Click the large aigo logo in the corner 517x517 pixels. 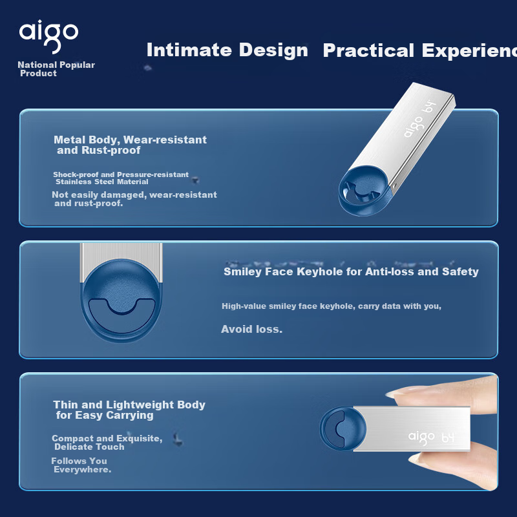pyautogui.click(x=49, y=36)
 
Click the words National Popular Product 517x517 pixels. pyautogui.click(x=56, y=69)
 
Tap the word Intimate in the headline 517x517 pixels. pyautogui.click(x=189, y=50)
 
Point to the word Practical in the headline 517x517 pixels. pyautogui.click(x=368, y=50)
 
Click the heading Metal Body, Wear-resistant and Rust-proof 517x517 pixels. pyautogui.click(x=131, y=145)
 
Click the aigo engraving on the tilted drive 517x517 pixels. pyautogui.click(x=413, y=127)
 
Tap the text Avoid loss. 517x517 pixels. pyautogui.click(x=251, y=329)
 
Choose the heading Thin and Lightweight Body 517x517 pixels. pyautogui.click(x=129, y=405)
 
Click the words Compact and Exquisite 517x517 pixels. pyautogui.click(x=107, y=438)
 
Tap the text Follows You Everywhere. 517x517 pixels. pyautogui.click(x=81, y=465)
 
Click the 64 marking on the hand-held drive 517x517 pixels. pyautogui.click(x=448, y=438)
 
